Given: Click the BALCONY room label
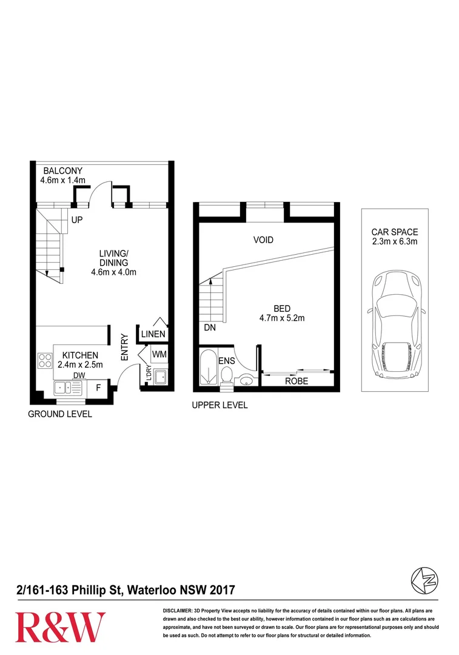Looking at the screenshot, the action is point(62,171).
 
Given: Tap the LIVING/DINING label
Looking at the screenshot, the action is point(113,258).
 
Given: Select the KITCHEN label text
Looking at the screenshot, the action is point(80,355).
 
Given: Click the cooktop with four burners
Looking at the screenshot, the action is point(45,360).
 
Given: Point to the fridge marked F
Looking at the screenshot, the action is point(99,388).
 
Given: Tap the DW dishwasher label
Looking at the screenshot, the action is point(79,375).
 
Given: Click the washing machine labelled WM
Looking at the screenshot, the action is point(159,354).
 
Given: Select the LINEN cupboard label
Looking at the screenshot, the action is point(153,334).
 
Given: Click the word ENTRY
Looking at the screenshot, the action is point(124,347).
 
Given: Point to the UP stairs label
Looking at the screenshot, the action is point(77,220).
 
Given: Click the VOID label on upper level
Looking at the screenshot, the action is point(263,240).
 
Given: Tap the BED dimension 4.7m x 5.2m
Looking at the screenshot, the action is point(282,318).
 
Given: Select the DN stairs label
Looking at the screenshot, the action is point(210,328).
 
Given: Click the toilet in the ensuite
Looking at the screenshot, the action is point(227,375).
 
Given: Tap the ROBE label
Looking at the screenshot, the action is point(297,381).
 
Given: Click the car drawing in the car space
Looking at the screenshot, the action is point(395,325).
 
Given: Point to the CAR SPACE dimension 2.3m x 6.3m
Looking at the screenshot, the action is point(395,241).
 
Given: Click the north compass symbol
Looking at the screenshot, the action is point(425,580).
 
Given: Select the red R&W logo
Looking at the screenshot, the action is point(60,628).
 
